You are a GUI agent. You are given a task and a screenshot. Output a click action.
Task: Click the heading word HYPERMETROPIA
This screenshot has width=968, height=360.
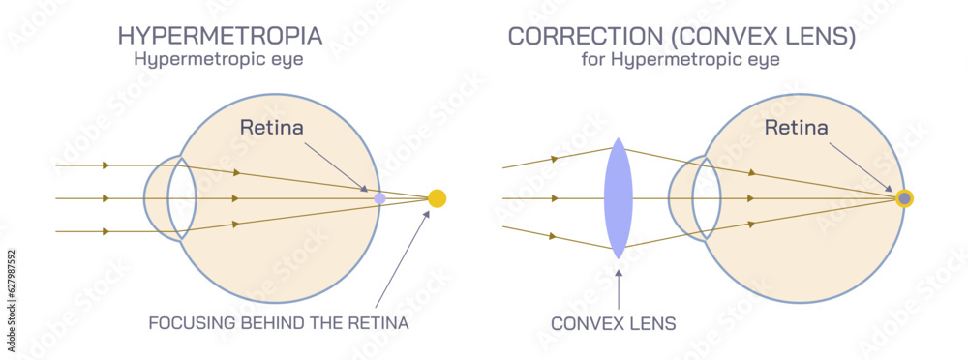click(x=220, y=36)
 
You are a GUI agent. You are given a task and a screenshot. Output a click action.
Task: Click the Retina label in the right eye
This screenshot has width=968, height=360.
click(x=796, y=126)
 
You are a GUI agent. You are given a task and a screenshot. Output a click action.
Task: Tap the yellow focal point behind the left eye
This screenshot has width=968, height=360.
click(x=437, y=198)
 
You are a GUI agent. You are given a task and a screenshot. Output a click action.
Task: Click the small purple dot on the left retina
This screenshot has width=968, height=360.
click(x=379, y=198)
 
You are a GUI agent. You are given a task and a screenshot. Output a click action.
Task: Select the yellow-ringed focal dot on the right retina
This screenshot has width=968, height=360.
click(x=904, y=198)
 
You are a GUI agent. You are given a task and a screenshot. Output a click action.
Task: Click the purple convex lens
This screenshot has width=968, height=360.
click(x=618, y=198)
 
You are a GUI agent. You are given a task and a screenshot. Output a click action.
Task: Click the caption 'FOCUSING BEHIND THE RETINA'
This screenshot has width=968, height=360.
click(x=279, y=322)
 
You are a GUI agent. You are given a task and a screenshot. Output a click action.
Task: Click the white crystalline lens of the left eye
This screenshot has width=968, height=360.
click(x=183, y=198)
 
